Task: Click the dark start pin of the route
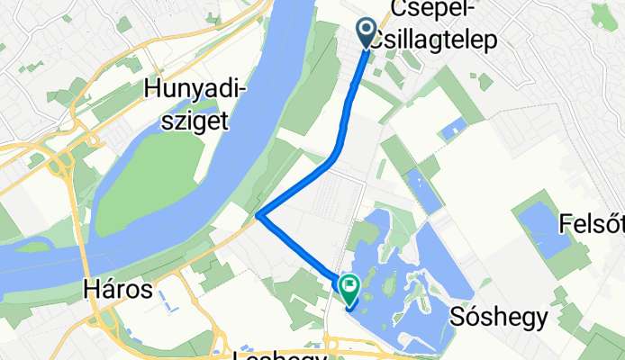[367, 32]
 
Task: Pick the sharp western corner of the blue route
[258, 215]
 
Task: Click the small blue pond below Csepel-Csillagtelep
[449, 130]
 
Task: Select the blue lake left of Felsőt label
[547, 229]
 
